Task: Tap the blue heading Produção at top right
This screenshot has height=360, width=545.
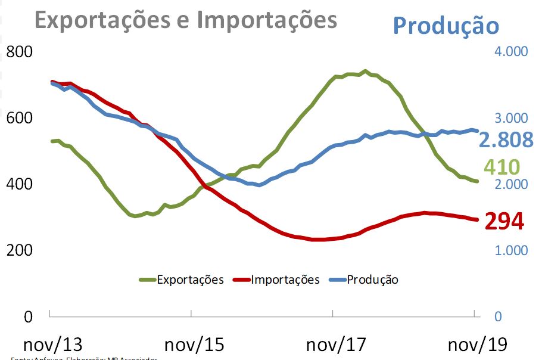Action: (x=446, y=26)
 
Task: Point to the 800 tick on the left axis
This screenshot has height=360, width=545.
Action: (x=20, y=52)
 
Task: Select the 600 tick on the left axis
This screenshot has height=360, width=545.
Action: (x=20, y=118)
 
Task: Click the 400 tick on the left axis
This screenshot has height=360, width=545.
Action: (x=20, y=184)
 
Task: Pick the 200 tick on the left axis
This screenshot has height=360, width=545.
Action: (x=20, y=250)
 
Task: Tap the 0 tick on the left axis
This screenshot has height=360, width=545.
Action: (x=28, y=316)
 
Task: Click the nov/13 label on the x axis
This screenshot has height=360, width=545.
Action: (x=52, y=344)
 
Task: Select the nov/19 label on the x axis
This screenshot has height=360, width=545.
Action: (x=477, y=344)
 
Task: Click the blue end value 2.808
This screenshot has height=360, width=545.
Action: (x=506, y=139)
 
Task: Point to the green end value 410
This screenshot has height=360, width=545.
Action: (x=502, y=167)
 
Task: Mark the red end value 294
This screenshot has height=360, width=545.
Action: (x=504, y=222)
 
